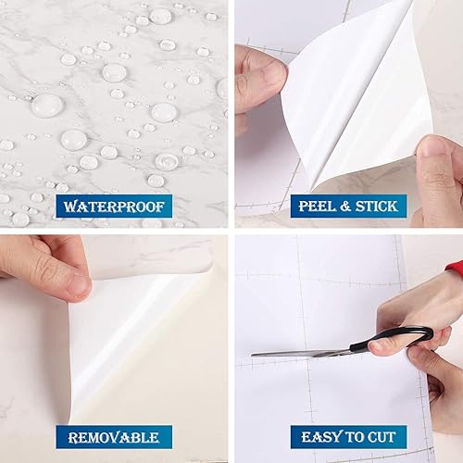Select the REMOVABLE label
(x=113, y=436)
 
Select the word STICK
(x=372, y=205)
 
